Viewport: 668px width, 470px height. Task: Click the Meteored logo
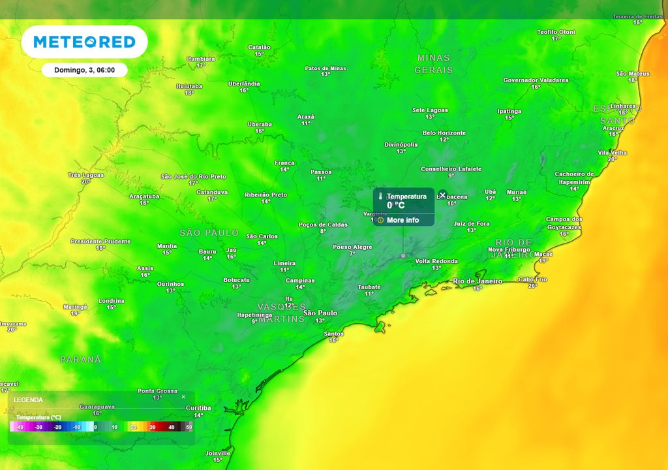84,42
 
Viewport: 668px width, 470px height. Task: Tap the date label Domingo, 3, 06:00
84,70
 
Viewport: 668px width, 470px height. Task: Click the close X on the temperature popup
442,195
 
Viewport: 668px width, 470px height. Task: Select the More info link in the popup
402,220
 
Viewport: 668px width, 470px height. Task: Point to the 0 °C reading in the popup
395,205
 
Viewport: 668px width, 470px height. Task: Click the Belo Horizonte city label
444,133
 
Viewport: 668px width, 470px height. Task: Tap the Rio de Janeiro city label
478,281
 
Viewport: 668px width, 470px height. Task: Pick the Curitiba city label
198,408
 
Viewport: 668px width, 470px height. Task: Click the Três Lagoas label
85,175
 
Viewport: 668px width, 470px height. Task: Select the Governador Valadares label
536,80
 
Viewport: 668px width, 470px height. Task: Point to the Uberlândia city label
244,84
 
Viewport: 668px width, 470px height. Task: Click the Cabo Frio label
532,279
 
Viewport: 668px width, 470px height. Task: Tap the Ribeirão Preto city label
266,195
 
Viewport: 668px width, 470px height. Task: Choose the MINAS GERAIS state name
433,63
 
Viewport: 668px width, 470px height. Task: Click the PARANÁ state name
81,360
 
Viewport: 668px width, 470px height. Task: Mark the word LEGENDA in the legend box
28,399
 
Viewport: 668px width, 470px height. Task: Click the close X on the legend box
183,397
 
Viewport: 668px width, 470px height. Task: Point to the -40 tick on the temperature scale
21,427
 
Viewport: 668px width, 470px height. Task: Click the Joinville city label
218,453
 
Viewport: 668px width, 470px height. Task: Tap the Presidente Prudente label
100,242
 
